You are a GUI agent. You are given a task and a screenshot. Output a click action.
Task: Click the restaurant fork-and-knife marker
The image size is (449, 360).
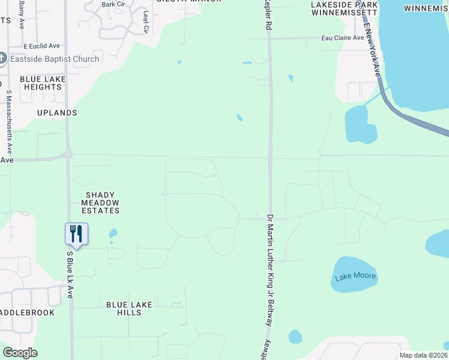[x=76, y=233]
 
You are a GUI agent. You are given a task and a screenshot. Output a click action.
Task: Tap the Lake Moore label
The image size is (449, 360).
[x=355, y=277]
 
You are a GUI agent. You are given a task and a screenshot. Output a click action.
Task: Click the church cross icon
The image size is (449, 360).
[x=2, y=58]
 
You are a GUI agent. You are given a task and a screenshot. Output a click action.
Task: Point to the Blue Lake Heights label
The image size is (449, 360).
[x=41, y=83]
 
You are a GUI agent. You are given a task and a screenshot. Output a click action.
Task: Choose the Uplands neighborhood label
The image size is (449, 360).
[x=57, y=113]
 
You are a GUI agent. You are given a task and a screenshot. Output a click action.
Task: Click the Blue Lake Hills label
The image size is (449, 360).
[x=128, y=308]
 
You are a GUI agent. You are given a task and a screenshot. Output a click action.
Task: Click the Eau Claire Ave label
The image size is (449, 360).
[x=343, y=38]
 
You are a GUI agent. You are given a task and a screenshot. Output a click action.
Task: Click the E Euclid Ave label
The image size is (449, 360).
[x=42, y=46]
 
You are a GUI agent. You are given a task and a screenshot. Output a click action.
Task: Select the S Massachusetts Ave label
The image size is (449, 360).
[x=9, y=120]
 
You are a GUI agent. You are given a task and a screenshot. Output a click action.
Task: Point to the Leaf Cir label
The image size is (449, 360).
[x=146, y=21]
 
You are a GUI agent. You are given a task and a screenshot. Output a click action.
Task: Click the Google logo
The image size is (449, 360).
[x=19, y=353]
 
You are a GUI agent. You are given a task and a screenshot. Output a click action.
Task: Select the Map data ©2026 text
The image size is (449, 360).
[x=423, y=355]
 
